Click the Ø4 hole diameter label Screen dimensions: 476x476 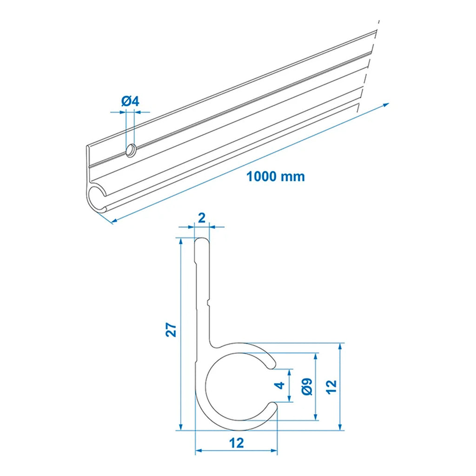130,101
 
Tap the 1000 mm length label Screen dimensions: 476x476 276,176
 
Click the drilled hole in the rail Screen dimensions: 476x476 131,151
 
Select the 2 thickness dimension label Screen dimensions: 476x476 202,218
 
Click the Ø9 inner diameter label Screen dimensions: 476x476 307,387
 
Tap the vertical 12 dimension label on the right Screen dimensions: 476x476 331,387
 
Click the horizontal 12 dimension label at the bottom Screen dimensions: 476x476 237,443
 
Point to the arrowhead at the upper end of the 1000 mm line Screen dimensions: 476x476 386,105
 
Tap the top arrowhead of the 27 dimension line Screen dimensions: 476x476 181,241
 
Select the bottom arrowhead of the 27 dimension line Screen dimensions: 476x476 181,427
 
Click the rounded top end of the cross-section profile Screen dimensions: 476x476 202,239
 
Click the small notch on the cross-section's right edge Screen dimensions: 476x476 208,302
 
